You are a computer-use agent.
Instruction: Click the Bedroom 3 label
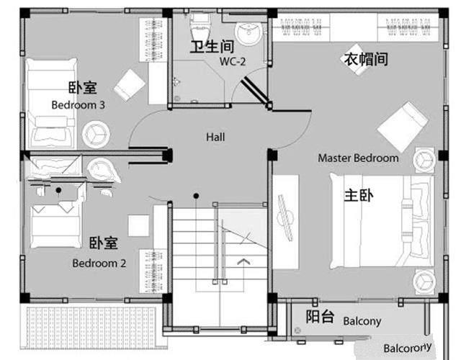coord(78,104)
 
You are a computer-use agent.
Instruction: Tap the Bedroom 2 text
coord(99,263)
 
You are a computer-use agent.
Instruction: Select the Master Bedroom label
coord(358,158)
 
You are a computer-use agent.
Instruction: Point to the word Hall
coord(215,136)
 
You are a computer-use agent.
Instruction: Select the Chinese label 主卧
coord(357,195)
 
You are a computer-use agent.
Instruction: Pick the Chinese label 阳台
coord(319,317)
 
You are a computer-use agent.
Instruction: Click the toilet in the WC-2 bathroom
coord(198,29)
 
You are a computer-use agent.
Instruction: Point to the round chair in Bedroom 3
coord(95,132)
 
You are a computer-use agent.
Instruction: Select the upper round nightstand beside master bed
coord(424,159)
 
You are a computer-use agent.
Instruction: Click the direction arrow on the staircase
coord(244,262)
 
